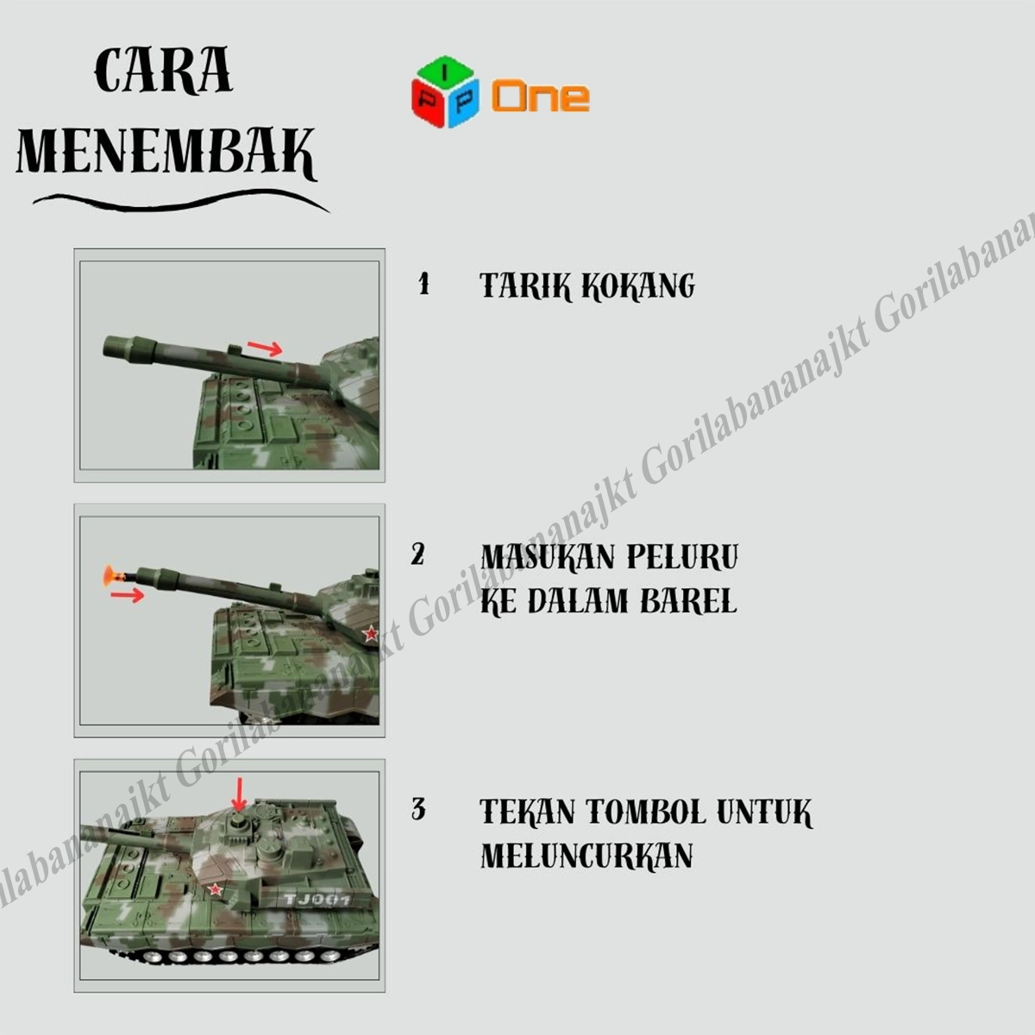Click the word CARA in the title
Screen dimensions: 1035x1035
pos(163,71)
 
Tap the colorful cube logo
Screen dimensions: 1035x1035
pos(445,91)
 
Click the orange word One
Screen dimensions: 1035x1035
pos(540,96)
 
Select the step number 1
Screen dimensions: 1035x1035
pos(423,284)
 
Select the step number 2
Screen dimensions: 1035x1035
pos(417,555)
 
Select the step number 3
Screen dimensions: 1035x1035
pos(418,809)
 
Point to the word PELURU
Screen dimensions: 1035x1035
pos(682,557)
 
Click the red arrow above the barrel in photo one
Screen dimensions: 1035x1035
pos(264,348)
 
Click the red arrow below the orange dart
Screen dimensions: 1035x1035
pos(128,594)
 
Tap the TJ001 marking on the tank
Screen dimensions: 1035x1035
pos(317,900)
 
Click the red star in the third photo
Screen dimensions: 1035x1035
pos(216,889)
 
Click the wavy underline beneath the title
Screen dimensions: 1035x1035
pos(180,202)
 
